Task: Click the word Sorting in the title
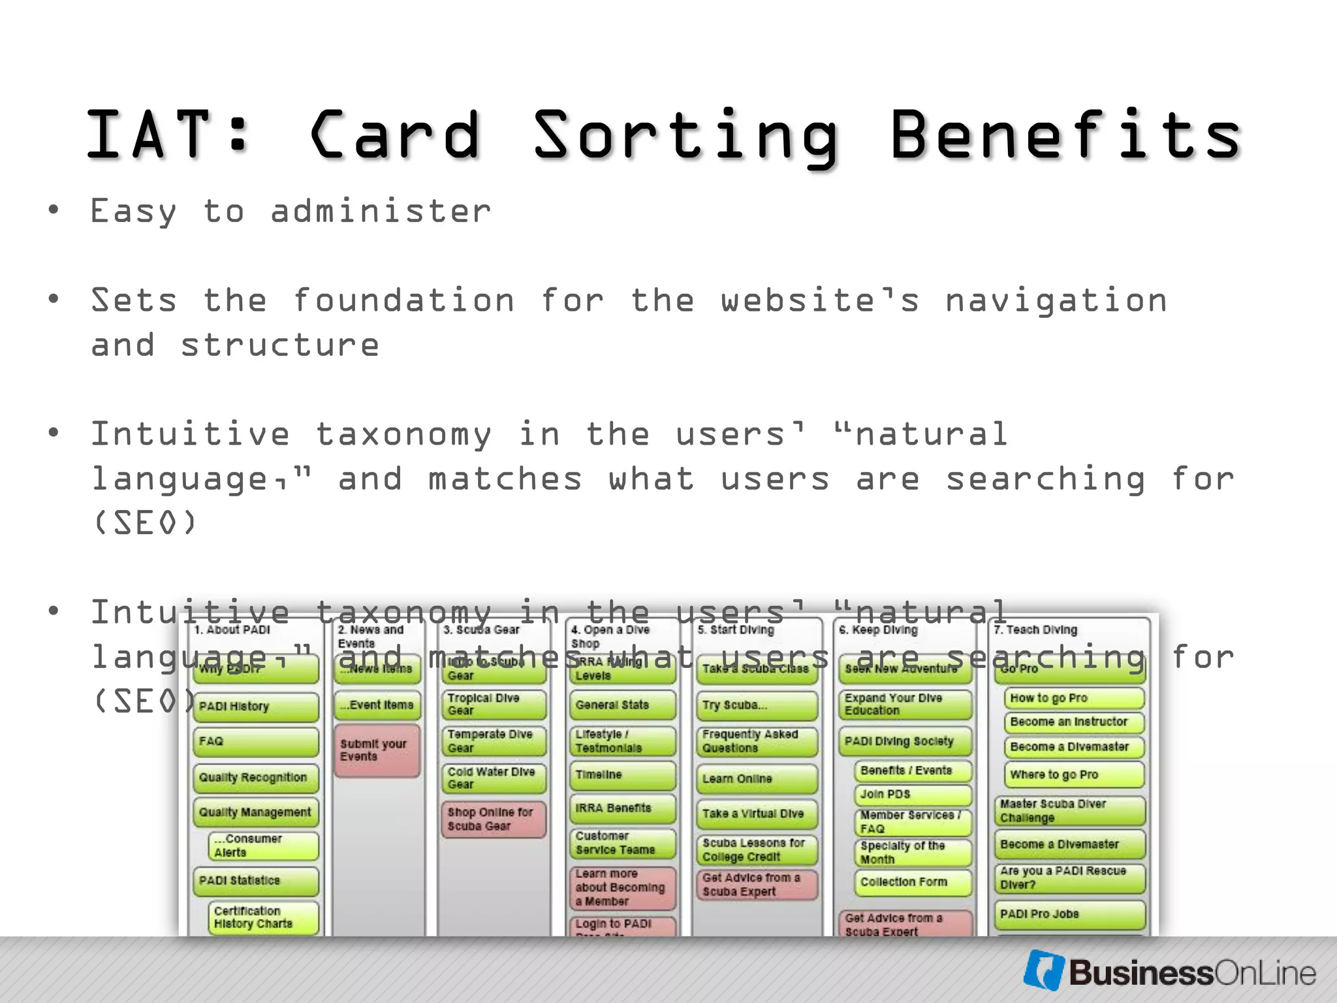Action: coord(685,136)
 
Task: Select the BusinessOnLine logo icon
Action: coord(1044,970)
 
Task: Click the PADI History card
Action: coord(255,707)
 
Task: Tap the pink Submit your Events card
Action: coord(377,750)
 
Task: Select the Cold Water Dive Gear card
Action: coord(492,778)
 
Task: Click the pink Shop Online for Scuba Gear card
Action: coord(492,819)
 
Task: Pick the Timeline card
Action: coord(621,776)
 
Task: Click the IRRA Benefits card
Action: coord(621,808)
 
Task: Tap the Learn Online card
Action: coord(756,779)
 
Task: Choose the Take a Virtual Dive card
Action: coord(756,814)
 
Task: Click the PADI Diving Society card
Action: coord(904,742)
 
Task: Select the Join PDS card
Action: coord(912,795)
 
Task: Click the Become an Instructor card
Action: coord(1073,722)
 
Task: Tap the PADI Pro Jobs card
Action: coord(1069,914)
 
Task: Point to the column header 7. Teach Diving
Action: coord(1035,629)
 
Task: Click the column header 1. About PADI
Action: coord(232,629)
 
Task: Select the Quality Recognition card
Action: coord(255,778)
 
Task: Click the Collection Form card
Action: coord(912,882)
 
